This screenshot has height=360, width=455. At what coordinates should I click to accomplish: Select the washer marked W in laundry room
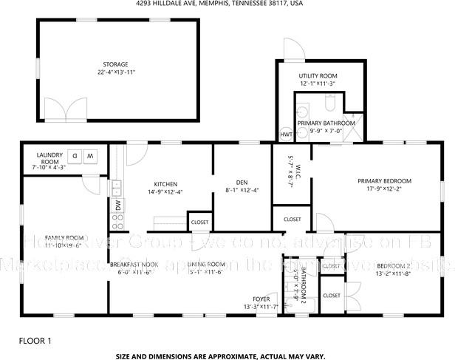90,156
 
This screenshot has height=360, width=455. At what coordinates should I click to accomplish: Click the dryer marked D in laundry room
75,156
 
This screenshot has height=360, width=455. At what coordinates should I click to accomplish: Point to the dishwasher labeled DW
117,205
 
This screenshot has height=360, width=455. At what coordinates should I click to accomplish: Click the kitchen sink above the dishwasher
117,186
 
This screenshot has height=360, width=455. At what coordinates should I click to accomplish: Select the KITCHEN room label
165,184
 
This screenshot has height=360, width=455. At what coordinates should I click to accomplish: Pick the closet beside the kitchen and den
199,222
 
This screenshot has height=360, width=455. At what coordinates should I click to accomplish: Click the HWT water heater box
286,135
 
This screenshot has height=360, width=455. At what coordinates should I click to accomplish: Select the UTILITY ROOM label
318,76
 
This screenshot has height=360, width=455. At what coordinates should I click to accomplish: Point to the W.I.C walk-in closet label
292,174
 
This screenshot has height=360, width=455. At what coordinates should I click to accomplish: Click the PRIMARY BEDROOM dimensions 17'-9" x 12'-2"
384,189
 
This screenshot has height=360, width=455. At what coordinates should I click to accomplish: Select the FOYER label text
262,299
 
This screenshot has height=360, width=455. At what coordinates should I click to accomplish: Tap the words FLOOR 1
35,341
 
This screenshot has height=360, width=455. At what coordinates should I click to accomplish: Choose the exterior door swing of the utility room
294,49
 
